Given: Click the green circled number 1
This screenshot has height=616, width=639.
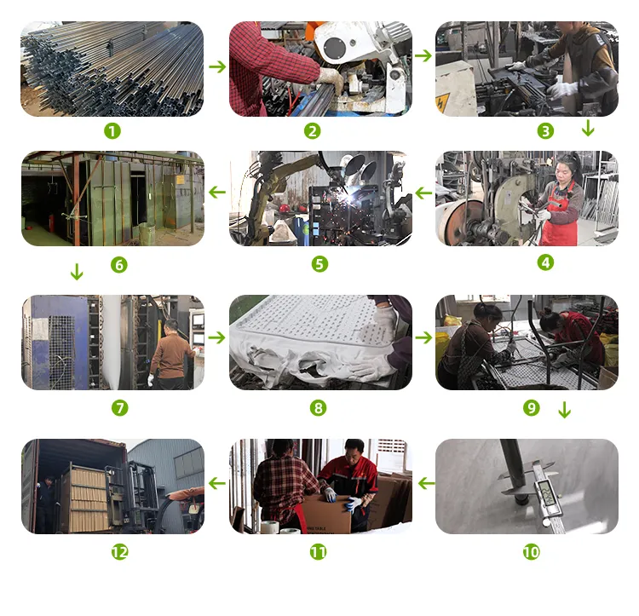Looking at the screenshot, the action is click(112, 131).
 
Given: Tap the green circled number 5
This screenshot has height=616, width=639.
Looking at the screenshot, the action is click(319, 264).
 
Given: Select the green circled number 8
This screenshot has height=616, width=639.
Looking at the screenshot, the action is click(319, 408).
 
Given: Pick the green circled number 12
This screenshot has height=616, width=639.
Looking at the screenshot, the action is click(120, 552).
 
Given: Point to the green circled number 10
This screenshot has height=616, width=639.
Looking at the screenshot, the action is click(532, 552).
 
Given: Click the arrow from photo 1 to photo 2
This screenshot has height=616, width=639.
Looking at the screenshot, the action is click(217, 66).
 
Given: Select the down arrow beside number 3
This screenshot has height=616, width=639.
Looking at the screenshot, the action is click(588, 128).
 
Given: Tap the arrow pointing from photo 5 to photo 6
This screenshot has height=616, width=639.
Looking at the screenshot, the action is click(217, 192).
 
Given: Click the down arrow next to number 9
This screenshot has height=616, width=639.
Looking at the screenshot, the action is click(564, 410).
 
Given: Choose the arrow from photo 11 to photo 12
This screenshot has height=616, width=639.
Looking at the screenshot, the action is click(217, 483).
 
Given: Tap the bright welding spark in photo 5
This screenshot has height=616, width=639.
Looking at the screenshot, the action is click(348, 199).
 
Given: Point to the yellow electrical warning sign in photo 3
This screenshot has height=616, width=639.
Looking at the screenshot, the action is click(442, 102).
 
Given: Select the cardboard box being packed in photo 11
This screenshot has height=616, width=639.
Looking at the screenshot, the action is click(326, 514).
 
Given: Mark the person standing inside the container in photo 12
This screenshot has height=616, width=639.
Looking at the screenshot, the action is click(46, 504).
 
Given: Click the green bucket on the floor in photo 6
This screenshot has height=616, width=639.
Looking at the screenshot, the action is click(147, 233).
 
